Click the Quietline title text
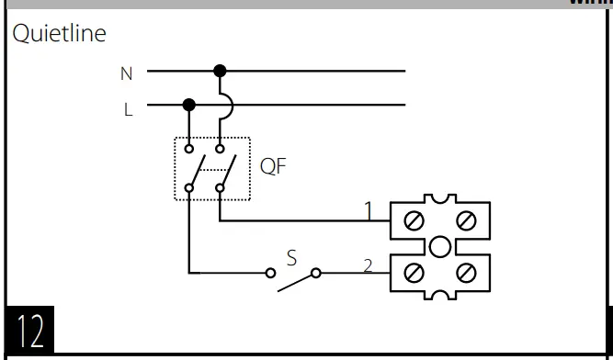[59, 35]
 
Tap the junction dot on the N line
[219, 70]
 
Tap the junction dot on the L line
[189, 105]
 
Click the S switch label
[291, 258]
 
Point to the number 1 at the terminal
[368, 212]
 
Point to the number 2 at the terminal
[368, 266]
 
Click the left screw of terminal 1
[413, 220]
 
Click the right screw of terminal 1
[466, 220]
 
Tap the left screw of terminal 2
[413, 273]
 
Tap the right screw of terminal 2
[466, 273]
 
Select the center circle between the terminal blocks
[439, 246]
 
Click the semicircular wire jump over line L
[226, 105]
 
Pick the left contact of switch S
[270, 273]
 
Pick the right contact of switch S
[316, 273]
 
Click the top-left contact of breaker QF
[189, 147]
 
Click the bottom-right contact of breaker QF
[220, 189]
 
